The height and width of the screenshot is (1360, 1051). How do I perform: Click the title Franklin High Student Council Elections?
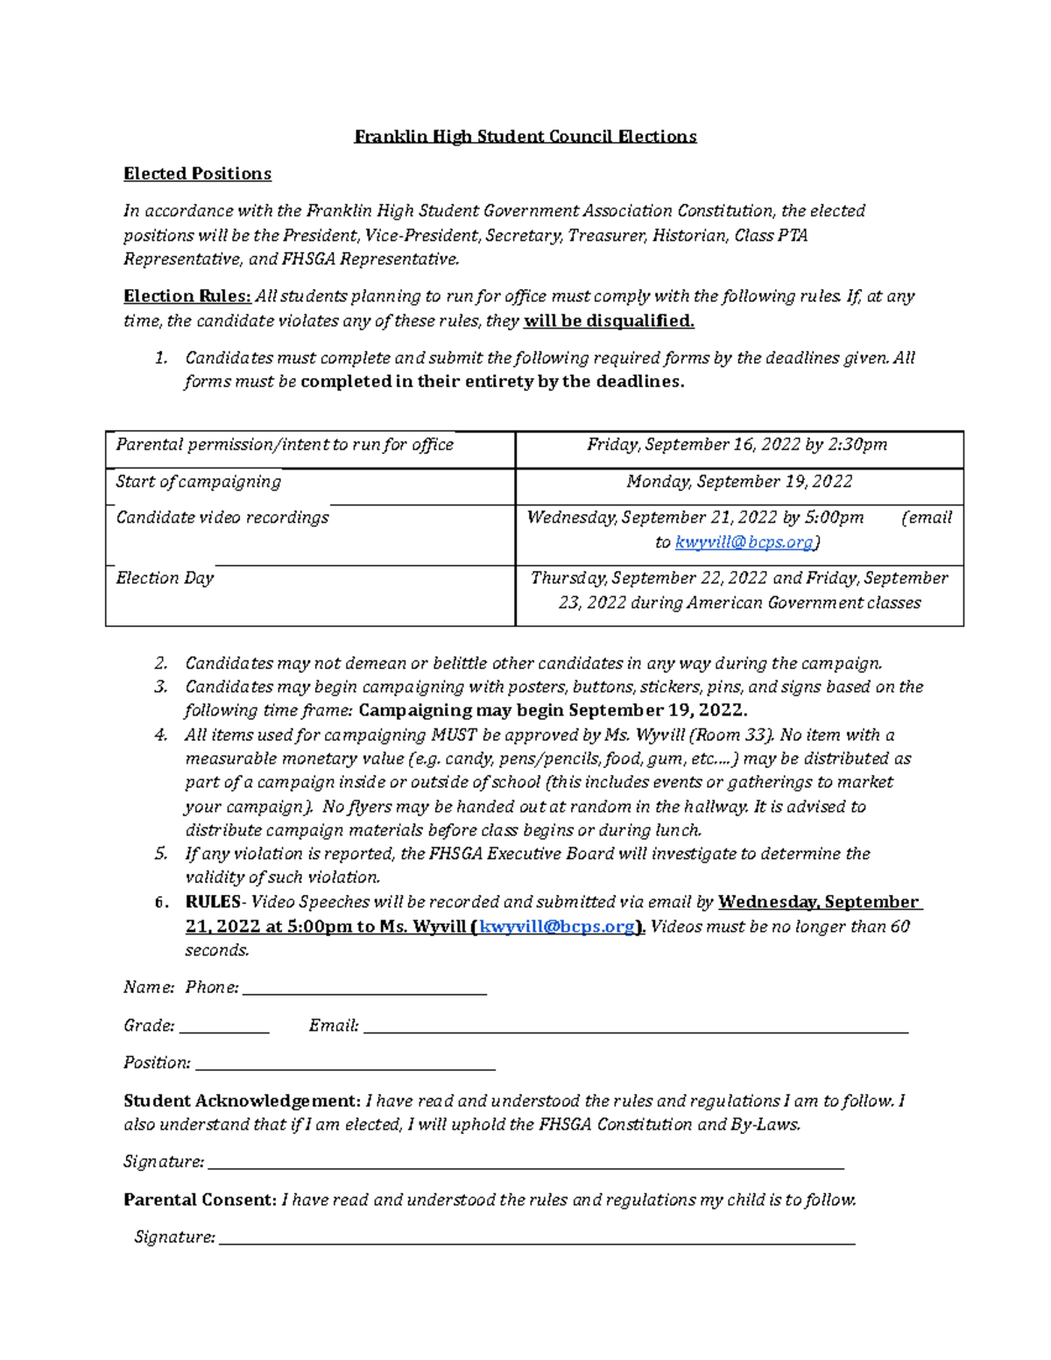tap(525, 137)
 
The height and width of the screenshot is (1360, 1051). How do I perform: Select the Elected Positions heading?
tap(197, 173)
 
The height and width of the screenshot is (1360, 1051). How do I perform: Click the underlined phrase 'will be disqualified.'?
tap(609, 321)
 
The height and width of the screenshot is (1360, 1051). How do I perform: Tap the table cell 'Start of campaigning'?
tap(199, 482)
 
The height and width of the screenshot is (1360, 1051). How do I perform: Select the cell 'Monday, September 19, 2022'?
tap(739, 482)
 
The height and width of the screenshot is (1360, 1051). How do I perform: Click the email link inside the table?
tap(744, 542)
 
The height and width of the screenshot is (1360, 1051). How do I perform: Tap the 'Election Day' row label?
tap(165, 578)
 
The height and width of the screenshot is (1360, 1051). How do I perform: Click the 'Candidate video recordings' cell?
tap(222, 518)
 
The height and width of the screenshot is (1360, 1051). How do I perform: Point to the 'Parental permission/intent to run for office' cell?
tap(285, 445)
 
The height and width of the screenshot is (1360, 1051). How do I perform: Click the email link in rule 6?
tap(557, 927)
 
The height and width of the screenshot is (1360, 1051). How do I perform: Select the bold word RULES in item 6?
tap(213, 902)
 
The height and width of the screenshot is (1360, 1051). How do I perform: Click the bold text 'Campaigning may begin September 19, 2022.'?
tap(553, 710)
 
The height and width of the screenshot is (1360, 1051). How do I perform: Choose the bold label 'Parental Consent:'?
tap(200, 1200)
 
